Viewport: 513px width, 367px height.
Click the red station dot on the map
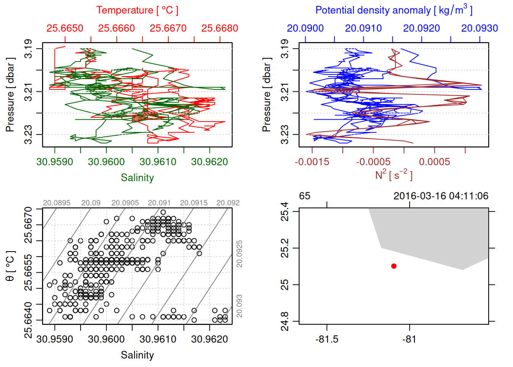394,266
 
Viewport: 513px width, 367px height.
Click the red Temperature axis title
137,10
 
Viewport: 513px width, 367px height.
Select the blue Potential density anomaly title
394,10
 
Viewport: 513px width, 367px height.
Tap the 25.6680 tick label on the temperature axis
219,28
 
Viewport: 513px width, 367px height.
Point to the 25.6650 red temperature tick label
65,28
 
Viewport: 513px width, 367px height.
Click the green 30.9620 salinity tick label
209,162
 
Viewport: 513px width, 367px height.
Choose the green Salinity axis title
137,178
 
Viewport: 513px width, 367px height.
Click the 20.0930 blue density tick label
479,28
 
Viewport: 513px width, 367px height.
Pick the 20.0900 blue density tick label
305,28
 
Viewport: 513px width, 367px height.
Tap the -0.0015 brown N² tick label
312,162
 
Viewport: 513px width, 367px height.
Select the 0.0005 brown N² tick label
434,162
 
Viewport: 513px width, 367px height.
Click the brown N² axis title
394,175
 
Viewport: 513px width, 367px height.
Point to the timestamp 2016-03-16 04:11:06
441,196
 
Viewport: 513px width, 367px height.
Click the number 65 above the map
305,196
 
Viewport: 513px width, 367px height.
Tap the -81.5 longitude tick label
327,339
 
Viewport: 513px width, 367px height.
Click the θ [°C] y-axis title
10,266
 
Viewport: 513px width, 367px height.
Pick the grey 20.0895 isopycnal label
56,203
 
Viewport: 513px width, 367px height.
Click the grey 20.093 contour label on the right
239,306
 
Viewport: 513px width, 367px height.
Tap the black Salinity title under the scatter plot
137,355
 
